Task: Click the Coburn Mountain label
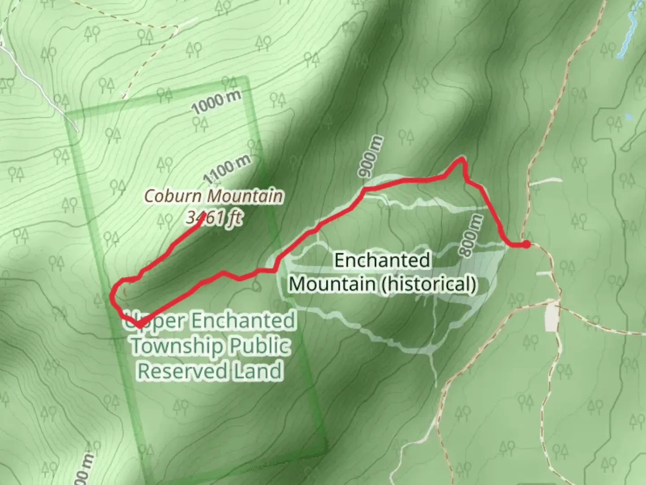click(214, 196)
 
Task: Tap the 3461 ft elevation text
click(214, 218)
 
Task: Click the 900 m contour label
click(371, 156)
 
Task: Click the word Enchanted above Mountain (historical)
click(382, 260)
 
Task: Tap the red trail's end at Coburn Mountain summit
click(204, 214)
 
